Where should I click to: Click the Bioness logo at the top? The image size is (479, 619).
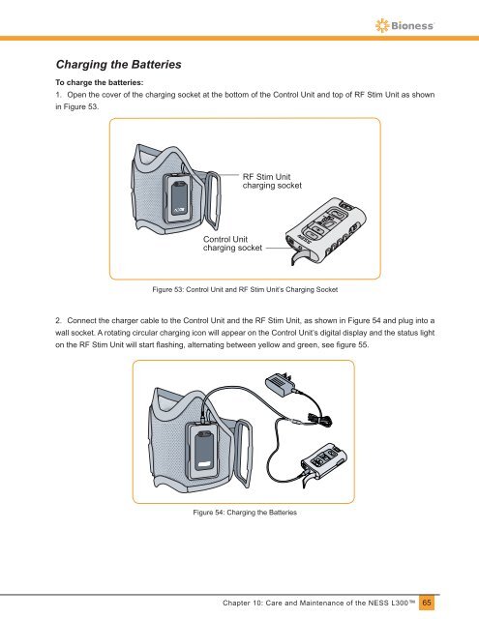click(x=404, y=26)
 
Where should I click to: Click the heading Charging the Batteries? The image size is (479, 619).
click(x=118, y=65)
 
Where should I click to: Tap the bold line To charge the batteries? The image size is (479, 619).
click(x=99, y=82)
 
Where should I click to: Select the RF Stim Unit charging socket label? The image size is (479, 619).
click(x=272, y=181)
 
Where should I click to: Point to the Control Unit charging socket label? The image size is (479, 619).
click(x=232, y=244)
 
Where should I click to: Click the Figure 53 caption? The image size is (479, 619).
click(x=245, y=289)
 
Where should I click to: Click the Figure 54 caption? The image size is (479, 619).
click(x=245, y=513)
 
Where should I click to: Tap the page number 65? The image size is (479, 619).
click(x=427, y=603)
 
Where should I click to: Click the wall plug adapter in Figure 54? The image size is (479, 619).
click(x=281, y=382)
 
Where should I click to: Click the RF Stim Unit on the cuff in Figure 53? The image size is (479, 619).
click(x=181, y=198)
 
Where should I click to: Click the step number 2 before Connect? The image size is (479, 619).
click(x=58, y=320)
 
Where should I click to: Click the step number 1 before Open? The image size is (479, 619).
click(x=58, y=95)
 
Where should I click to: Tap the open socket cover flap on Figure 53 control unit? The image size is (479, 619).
click(x=299, y=258)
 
